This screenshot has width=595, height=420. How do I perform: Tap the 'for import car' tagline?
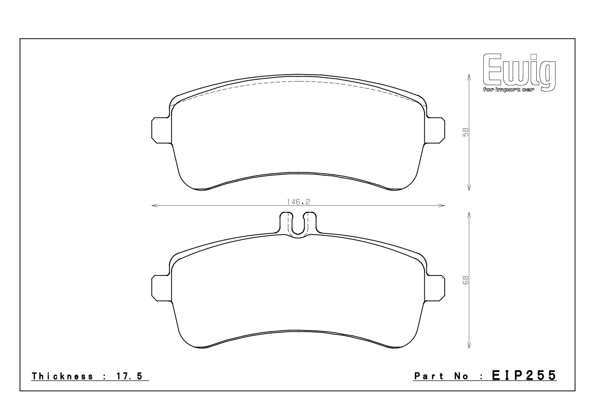point(508,90)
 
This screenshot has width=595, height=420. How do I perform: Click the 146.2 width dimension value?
point(298,202)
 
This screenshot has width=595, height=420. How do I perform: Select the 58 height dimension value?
point(465,132)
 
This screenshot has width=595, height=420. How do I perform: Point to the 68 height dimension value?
point(465,280)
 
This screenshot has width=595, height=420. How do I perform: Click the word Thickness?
point(63,376)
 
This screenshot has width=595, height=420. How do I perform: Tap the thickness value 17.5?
point(129,376)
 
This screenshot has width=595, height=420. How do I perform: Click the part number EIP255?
point(524,376)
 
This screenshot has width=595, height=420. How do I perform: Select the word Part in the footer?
point(429,376)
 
